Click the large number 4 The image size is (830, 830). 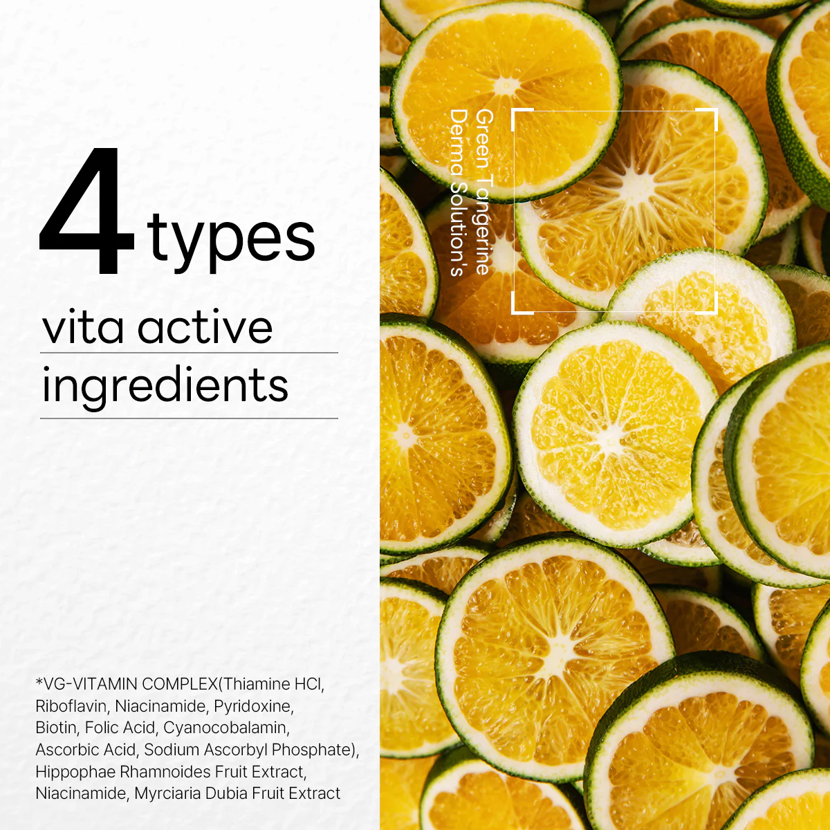click(x=86, y=210)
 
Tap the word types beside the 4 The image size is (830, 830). click(x=231, y=242)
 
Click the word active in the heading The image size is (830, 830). click(x=205, y=329)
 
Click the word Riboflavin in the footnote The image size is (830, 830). click(x=71, y=706)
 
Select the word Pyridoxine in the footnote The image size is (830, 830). click(x=254, y=706)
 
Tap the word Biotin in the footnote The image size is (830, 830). click(x=56, y=728)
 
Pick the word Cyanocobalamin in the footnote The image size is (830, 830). click(x=226, y=728)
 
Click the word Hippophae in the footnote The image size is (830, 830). click(x=75, y=771)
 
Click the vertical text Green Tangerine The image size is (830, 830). click(x=484, y=192)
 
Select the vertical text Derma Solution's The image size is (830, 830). click(x=459, y=192)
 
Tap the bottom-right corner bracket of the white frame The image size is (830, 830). click(x=710, y=306)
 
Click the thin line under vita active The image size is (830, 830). click(x=189, y=353)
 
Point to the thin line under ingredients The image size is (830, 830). click(x=189, y=418)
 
